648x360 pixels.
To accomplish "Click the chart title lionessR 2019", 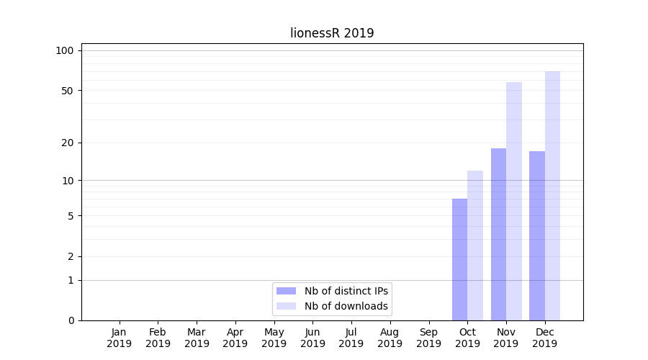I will click(x=332, y=33).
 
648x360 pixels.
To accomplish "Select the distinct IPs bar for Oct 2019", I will click(x=459, y=259).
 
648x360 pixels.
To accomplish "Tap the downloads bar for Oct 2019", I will click(x=475, y=246).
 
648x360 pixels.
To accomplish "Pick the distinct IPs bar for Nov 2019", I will click(x=498, y=234).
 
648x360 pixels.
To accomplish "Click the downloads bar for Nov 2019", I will click(x=514, y=201).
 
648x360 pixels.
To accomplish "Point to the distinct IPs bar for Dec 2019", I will click(x=537, y=235).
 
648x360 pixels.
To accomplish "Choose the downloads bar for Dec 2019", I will click(x=552, y=196).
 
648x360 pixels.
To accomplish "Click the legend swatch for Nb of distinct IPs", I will click(x=286, y=291).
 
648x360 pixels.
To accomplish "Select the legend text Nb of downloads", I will click(x=346, y=306).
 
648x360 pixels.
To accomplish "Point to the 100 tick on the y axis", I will click(x=65, y=50).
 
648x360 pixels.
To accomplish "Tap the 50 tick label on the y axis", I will click(x=68, y=91).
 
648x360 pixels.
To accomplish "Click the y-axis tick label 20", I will click(x=68, y=143).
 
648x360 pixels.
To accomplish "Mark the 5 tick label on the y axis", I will click(x=71, y=216).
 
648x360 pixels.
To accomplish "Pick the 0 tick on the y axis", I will click(x=71, y=320).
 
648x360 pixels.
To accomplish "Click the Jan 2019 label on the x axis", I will click(x=120, y=338).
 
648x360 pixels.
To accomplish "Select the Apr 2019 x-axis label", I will click(x=235, y=338).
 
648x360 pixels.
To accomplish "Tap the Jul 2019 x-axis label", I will click(x=351, y=338).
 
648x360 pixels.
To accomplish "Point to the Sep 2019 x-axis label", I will click(x=428, y=338).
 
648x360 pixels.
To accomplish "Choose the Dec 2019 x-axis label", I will click(x=545, y=338).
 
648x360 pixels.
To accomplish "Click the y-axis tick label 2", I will click(x=71, y=256).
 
